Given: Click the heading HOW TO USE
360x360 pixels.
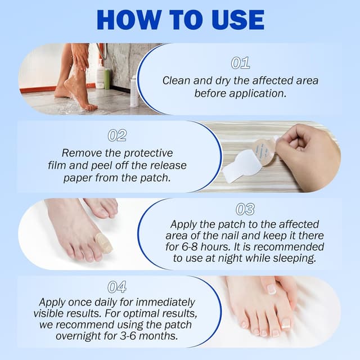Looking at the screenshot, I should coord(180,20).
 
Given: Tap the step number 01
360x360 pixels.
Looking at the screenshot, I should coord(241,63).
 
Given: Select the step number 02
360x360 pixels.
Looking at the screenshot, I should coord(117,136).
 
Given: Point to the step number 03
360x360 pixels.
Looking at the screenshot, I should coord(245,210).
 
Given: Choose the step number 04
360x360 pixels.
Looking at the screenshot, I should coord(117,287).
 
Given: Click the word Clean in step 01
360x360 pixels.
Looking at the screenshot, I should coord(176,80).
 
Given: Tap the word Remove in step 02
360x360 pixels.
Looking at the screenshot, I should coord(79,153).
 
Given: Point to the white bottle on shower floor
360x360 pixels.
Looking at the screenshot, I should coord(134,92).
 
